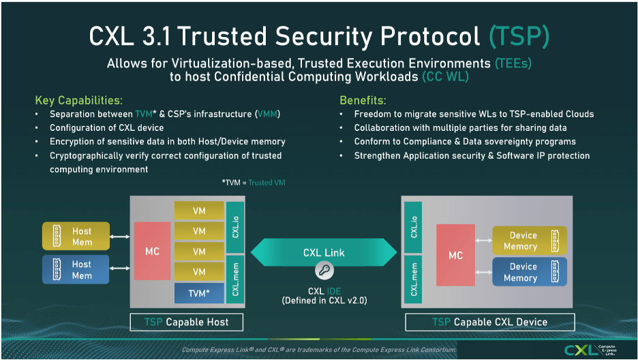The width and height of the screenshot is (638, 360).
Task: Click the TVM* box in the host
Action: point(199,293)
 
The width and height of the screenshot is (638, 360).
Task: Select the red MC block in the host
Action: point(153,251)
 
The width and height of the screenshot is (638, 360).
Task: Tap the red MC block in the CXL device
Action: point(456,255)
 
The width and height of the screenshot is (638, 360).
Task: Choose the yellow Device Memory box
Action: point(530,241)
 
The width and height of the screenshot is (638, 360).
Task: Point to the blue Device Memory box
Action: point(530,272)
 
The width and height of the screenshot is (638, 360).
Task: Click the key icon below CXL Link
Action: point(324,272)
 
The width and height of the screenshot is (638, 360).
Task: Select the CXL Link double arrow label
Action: point(324,252)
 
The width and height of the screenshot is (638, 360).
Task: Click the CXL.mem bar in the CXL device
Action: point(414,277)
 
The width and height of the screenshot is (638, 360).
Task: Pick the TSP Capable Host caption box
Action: point(186,322)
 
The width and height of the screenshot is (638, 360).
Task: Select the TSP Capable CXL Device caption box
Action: point(489,322)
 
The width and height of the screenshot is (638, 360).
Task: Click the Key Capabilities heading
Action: point(79,100)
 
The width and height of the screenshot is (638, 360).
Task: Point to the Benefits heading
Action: point(363,100)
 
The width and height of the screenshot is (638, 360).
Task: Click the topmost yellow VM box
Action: point(199,211)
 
